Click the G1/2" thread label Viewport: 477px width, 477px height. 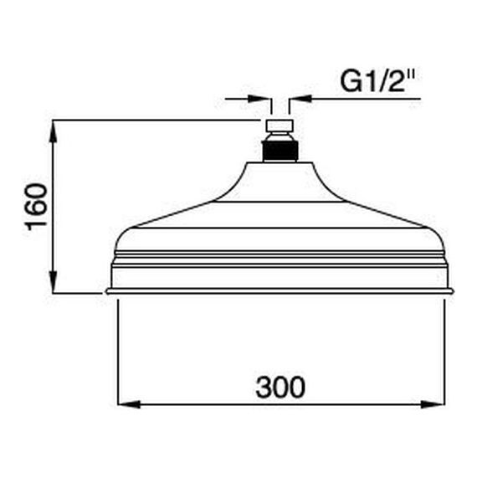[377, 82]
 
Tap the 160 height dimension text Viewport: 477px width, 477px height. [37, 207]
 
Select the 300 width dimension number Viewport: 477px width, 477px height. [280, 387]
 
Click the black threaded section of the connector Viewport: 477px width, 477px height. [280, 151]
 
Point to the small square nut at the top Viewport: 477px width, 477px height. [280, 126]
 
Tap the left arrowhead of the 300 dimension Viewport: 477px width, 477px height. [129, 404]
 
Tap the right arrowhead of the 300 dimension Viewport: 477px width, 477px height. [433, 404]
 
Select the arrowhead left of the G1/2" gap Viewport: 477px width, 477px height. [259, 99]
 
